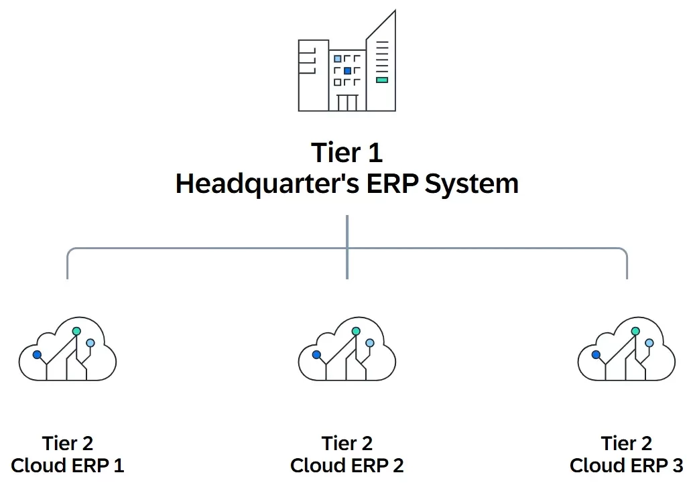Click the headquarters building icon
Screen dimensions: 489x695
(x=346, y=64)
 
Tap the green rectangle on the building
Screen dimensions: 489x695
(x=381, y=80)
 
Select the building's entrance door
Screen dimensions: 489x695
(x=347, y=102)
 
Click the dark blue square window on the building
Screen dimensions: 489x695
(x=347, y=70)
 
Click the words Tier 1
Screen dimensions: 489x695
(x=346, y=153)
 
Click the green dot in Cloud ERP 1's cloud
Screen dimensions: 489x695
(x=76, y=331)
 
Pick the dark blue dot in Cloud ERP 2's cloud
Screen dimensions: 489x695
(x=316, y=354)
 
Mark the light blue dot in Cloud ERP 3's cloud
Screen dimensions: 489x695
(x=649, y=343)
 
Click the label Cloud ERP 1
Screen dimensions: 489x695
(x=68, y=466)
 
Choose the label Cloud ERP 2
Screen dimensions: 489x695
(x=346, y=466)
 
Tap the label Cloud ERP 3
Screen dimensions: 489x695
(x=626, y=466)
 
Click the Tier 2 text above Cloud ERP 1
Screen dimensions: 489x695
(x=68, y=443)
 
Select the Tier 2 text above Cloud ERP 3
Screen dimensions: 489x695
(x=626, y=443)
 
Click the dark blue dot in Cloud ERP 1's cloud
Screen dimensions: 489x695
(x=37, y=354)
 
